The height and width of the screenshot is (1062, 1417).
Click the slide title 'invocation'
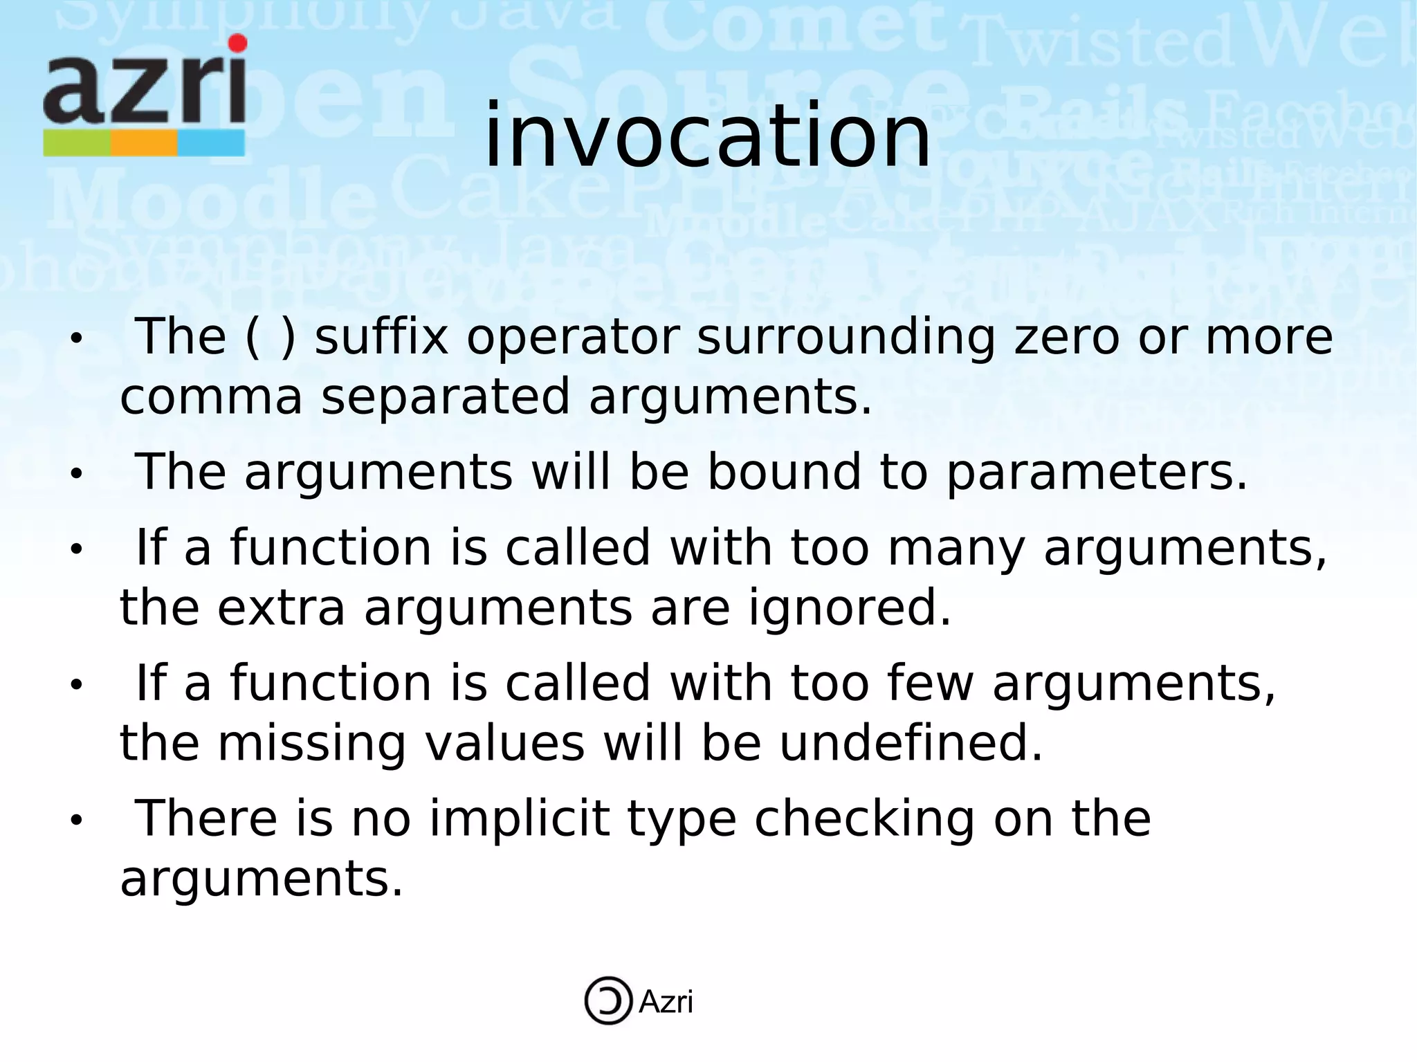(x=707, y=136)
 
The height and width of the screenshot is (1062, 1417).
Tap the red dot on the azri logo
(x=237, y=43)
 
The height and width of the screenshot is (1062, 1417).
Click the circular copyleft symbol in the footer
(x=608, y=1000)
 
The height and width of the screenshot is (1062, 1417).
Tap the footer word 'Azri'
(x=666, y=1002)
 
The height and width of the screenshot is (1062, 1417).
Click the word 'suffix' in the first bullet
(x=381, y=338)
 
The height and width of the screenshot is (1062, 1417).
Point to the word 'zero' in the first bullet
(x=1066, y=338)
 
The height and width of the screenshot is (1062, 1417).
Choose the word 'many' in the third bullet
(x=956, y=548)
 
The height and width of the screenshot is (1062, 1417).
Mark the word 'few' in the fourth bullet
(x=930, y=684)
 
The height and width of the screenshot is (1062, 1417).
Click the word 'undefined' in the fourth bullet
(x=911, y=744)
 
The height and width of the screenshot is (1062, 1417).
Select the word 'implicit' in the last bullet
(x=520, y=819)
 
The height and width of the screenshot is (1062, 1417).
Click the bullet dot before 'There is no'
(x=76, y=821)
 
